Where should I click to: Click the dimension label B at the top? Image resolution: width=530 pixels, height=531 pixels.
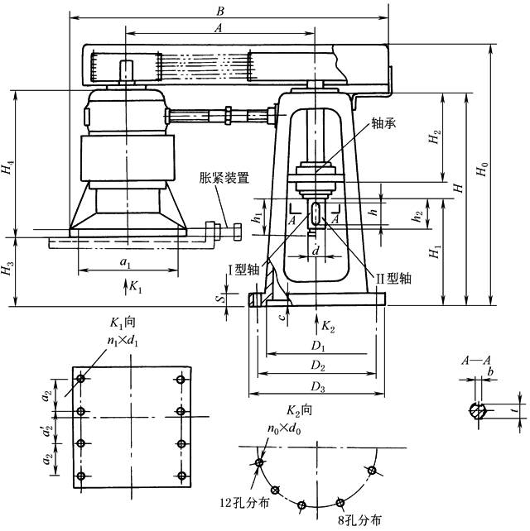(x=219, y=11)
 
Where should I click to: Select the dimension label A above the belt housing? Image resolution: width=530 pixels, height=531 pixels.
(x=218, y=27)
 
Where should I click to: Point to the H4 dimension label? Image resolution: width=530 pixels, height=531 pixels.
(x=7, y=171)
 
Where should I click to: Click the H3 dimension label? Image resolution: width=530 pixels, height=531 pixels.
(x=7, y=271)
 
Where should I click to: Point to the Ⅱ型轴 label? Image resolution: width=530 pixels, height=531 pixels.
(x=394, y=279)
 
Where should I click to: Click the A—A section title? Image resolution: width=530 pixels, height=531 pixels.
(x=478, y=361)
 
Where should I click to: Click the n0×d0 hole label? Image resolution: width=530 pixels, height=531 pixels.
(x=284, y=429)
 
